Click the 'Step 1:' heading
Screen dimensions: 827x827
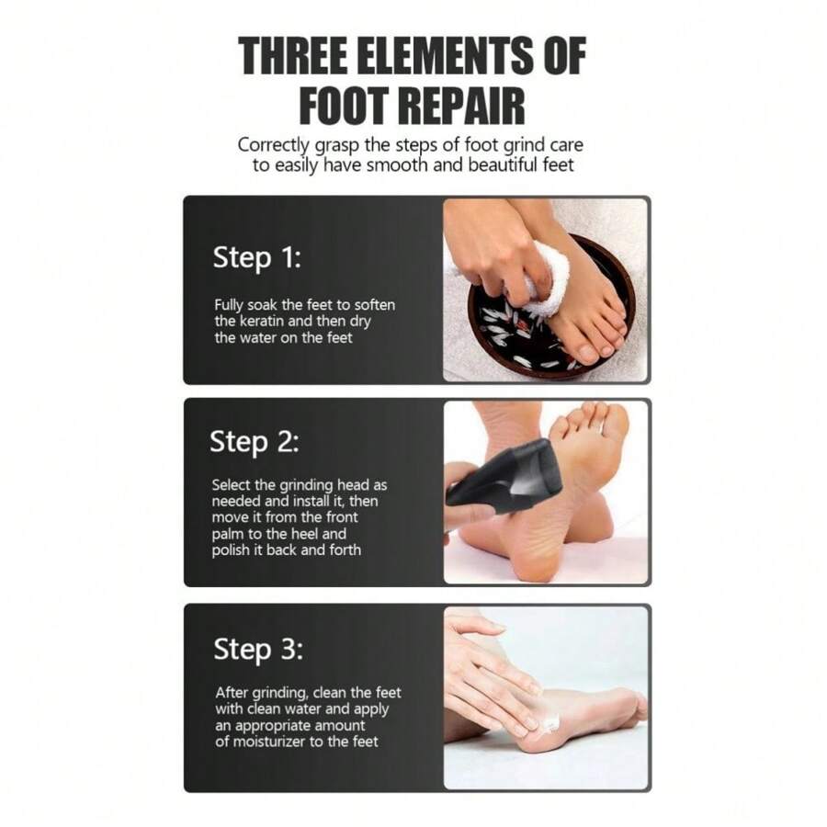coord(256,257)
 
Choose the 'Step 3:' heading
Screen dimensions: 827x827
coord(257,649)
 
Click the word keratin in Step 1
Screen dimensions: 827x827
coord(266,321)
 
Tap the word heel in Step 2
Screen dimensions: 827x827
coord(333,534)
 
